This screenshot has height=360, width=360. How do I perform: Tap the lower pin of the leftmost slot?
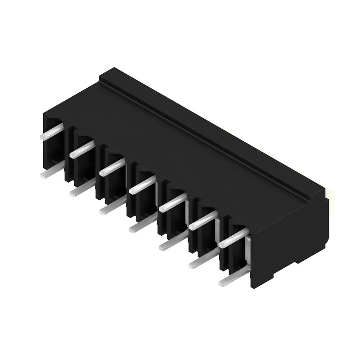click(52, 171)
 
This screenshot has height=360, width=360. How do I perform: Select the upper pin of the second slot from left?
click(82, 149)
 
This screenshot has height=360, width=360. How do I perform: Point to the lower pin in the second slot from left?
click(81, 189)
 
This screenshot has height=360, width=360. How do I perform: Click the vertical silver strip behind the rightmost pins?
click(247, 252)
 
